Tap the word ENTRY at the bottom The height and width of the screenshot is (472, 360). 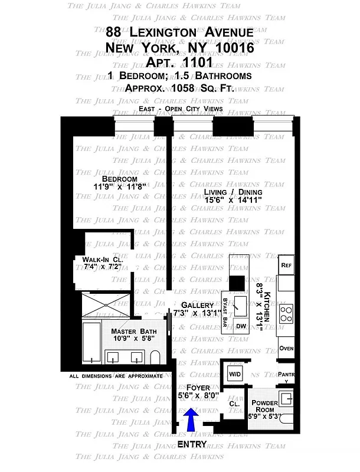coord(192,444)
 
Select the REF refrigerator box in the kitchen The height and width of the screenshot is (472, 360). coord(287,265)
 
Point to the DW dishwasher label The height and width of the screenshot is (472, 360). coord(241,326)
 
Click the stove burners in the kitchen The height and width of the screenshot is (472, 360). coord(286,314)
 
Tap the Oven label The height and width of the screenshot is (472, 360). coord(286,348)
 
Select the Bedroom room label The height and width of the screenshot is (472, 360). coord(119,179)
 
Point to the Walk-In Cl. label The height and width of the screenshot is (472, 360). coord(96,259)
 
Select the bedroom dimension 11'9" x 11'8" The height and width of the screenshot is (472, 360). coord(119,188)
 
